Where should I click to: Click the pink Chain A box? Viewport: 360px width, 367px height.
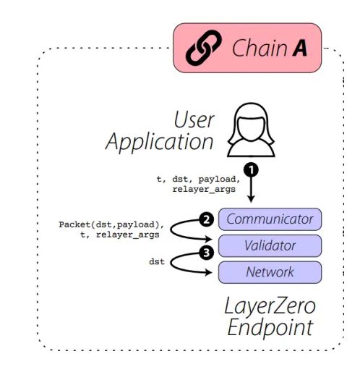[247, 48]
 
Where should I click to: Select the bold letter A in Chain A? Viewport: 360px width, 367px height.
[299, 48]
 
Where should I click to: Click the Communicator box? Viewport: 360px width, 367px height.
[270, 219]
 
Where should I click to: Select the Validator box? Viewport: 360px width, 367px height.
[270, 245]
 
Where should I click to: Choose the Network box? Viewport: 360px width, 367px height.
[270, 272]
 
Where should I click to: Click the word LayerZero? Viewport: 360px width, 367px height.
[270, 304]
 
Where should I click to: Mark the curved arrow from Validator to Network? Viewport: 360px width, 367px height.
[187, 263]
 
